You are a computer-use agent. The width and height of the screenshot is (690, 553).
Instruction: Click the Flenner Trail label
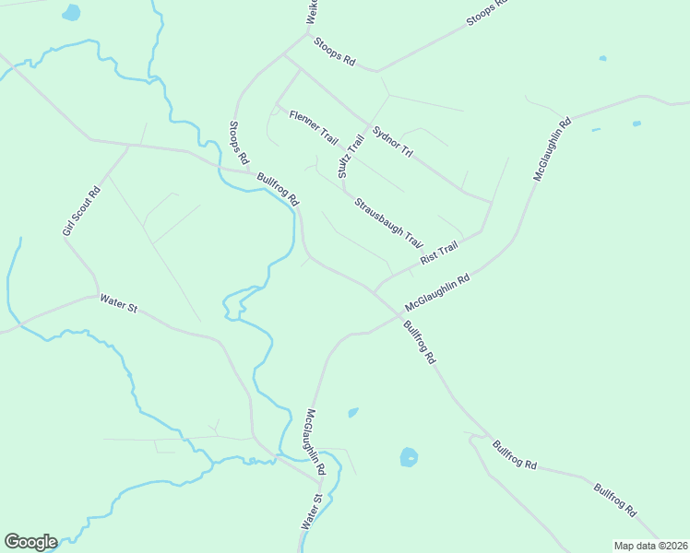[314, 127]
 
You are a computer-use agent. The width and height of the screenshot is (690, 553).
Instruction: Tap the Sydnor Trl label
[391, 140]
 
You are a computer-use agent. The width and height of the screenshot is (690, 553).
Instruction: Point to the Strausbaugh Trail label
[388, 222]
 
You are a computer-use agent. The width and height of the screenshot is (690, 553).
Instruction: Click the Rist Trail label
[439, 253]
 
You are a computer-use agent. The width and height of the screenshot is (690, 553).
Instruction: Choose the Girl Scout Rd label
[80, 211]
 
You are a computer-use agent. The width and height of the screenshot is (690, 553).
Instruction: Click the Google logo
[30, 542]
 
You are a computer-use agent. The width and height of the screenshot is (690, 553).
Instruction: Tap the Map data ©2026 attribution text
[650, 546]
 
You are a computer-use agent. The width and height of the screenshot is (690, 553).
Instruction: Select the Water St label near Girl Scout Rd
[118, 303]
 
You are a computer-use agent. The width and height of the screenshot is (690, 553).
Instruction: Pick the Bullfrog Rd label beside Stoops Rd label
[279, 189]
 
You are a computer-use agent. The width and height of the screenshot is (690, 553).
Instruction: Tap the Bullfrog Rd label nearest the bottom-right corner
[615, 499]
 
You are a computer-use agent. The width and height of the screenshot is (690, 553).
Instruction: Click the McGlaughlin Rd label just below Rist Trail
[437, 292]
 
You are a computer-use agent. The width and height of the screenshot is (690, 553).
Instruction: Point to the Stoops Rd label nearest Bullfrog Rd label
[238, 142]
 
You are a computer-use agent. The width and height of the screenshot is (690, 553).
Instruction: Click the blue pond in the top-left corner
[71, 13]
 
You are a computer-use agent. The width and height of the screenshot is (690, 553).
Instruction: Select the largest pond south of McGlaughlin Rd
[409, 456]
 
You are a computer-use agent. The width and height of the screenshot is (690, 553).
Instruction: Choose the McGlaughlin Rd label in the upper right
[552, 148]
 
